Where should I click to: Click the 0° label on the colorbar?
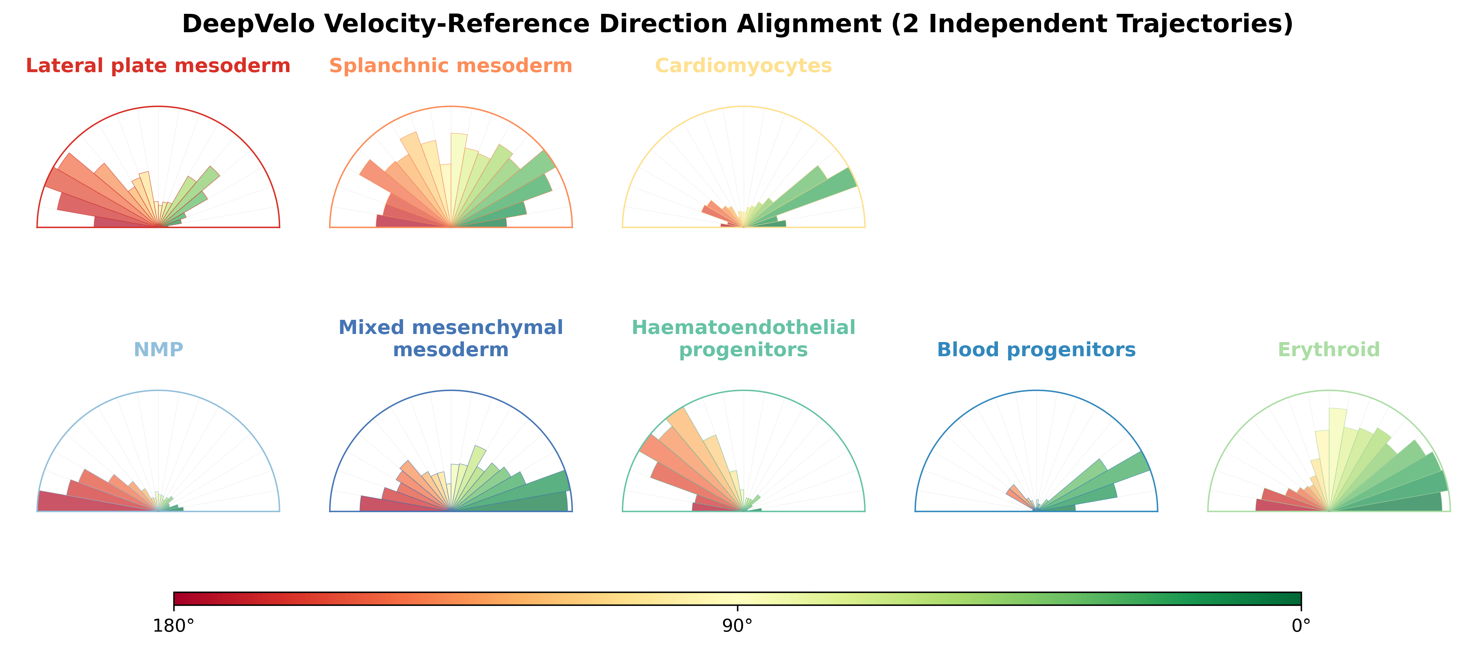pos(1301,626)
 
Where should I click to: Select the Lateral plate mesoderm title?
pos(158,66)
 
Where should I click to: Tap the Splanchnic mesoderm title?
pos(451,66)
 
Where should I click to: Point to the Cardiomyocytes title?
pos(743,66)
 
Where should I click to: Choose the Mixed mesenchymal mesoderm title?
pos(451,338)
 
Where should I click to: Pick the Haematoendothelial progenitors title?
pos(743,338)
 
